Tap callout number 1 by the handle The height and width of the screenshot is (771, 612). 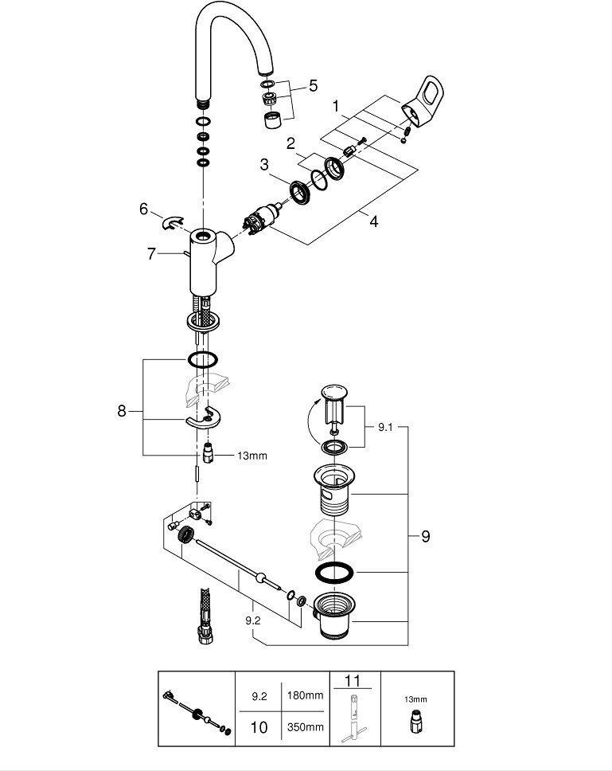(x=337, y=106)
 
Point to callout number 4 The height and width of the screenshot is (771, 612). (x=373, y=221)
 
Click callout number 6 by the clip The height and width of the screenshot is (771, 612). (x=143, y=209)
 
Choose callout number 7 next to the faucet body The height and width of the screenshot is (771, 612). (x=150, y=253)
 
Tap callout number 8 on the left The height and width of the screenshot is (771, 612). (x=121, y=411)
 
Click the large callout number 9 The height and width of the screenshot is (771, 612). (x=425, y=536)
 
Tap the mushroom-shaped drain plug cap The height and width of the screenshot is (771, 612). (x=333, y=393)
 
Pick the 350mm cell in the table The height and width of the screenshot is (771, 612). (x=306, y=726)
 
